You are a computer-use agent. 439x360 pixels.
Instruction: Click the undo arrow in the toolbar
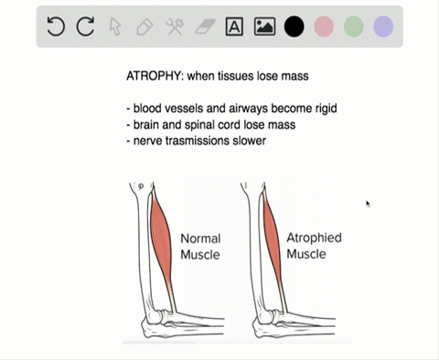(x=56, y=27)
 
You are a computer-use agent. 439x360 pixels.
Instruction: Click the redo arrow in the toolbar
(x=85, y=27)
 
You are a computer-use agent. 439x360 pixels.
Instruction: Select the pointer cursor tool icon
(x=115, y=27)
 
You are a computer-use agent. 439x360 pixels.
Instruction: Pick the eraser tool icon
(x=204, y=27)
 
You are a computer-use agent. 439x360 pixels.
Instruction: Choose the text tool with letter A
(x=234, y=27)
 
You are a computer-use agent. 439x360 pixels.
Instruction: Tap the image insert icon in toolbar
(x=263, y=27)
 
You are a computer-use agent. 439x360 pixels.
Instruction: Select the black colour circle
(x=294, y=27)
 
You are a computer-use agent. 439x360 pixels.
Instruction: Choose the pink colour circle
(x=324, y=27)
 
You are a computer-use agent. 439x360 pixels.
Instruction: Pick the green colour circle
(x=353, y=27)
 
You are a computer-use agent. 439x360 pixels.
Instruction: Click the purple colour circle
(x=383, y=27)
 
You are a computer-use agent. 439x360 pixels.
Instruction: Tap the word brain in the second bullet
(x=149, y=124)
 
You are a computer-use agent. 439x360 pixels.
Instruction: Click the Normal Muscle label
(x=200, y=247)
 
